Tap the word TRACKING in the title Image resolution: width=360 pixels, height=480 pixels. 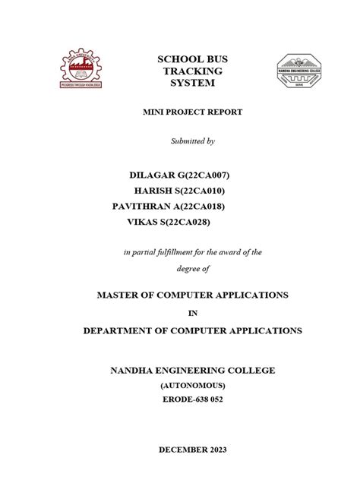coord(186,70)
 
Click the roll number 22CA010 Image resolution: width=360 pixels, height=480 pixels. coord(200,190)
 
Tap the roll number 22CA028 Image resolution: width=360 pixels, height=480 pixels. coord(188,222)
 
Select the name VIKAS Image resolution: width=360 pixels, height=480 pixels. coord(145,222)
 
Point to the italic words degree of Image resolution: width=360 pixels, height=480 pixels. coord(186,268)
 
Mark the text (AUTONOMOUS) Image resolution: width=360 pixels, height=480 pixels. coord(186,385)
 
